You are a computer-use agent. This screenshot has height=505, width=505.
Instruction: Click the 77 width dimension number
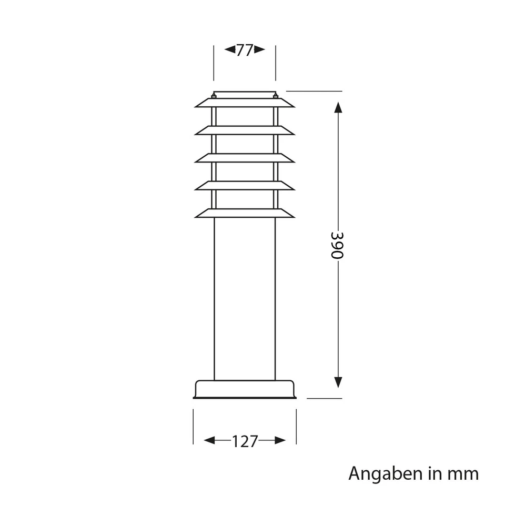click(x=245, y=50)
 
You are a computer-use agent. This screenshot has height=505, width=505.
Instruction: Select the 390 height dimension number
click(x=337, y=245)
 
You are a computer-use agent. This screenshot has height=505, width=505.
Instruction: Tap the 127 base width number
click(x=245, y=441)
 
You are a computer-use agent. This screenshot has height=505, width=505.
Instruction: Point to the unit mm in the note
click(x=463, y=474)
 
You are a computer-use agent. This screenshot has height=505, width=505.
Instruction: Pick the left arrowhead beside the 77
click(x=229, y=50)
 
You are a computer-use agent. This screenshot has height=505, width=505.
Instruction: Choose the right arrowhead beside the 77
click(x=260, y=50)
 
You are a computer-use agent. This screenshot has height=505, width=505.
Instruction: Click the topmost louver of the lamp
click(x=245, y=103)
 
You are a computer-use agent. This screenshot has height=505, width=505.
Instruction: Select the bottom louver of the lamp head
click(x=245, y=213)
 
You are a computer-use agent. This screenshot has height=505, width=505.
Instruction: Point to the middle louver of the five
click(x=245, y=158)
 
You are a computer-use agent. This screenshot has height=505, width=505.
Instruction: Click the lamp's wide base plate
click(x=245, y=389)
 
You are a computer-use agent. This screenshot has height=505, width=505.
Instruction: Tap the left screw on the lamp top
click(x=214, y=96)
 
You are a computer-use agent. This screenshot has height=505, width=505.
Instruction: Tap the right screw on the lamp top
click(x=275, y=96)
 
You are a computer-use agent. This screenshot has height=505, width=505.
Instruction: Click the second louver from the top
click(x=245, y=130)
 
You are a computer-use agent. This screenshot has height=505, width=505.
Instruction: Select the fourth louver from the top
click(x=245, y=185)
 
